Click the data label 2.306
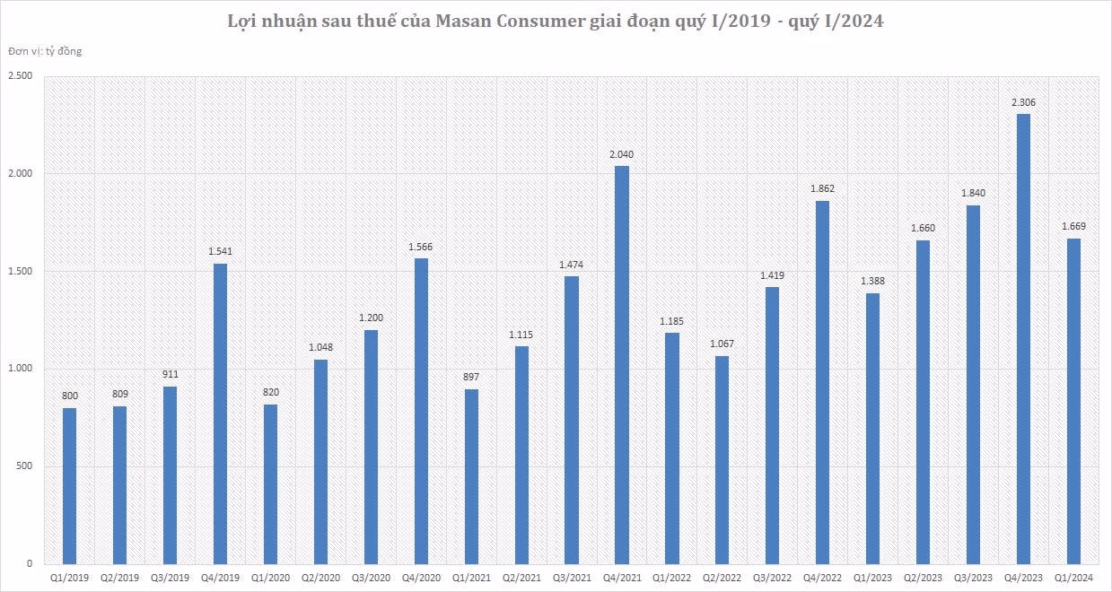point(1023,102)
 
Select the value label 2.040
point(621,154)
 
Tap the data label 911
point(170,374)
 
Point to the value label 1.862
point(822,189)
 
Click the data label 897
point(471,377)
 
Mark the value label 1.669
point(1073,227)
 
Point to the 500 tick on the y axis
point(24,466)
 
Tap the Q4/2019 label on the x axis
point(220,579)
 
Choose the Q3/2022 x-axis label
point(772,579)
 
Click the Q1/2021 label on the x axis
point(471,579)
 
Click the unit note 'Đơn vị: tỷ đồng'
point(45,51)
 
